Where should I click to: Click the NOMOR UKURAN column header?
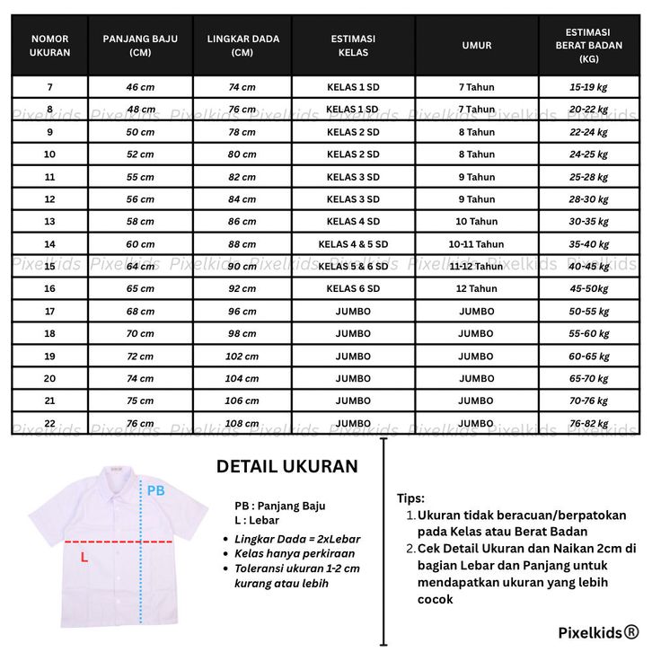click(49, 46)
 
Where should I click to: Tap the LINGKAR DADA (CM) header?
click(242, 46)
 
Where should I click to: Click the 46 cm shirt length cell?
click(139, 87)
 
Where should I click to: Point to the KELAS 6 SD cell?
click(353, 289)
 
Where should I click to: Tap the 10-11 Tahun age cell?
click(476, 244)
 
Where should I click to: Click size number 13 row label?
click(49, 222)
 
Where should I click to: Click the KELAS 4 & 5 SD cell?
click(353, 244)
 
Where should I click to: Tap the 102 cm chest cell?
click(242, 357)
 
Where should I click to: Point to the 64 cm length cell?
click(139, 267)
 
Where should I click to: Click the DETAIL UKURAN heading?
click(286, 467)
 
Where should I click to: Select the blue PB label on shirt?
click(155, 491)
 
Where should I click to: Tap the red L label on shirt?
click(84, 558)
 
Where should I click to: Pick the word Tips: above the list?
click(410, 498)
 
